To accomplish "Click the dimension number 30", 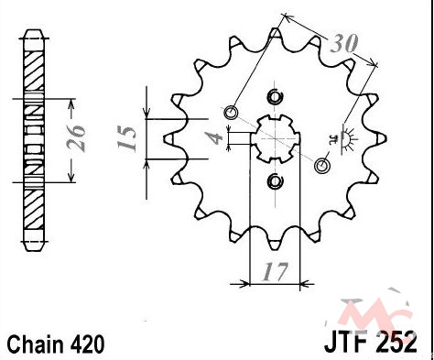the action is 344,44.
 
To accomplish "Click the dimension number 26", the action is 76,138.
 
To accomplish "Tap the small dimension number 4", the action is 216,138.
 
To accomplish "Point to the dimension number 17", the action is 275,271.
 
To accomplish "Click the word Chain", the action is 36,344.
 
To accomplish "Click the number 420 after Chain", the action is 88,344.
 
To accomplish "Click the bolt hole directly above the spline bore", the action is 275,97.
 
